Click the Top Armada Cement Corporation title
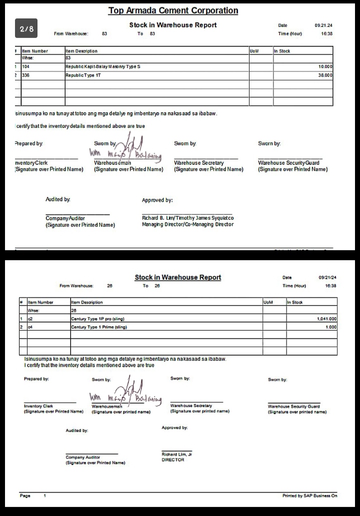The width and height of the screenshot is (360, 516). [x=173, y=10]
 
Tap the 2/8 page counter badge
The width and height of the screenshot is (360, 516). [x=26, y=29]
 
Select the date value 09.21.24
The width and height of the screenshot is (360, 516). [x=323, y=25]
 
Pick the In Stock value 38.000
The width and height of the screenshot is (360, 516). [x=325, y=75]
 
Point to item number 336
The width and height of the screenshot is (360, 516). [x=26, y=75]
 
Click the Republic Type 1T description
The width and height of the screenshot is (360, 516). [x=83, y=75]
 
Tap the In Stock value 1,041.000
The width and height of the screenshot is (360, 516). [x=326, y=318]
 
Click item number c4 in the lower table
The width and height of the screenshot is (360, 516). [x=30, y=327]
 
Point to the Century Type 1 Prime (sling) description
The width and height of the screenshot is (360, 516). [x=99, y=327]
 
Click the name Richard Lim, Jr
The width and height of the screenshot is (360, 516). [x=176, y=454]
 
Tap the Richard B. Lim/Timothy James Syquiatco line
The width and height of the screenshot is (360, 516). [x=187, y=218]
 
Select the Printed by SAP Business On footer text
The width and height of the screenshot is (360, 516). [x=309, y=496]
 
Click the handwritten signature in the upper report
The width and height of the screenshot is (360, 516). [x=125, y=148]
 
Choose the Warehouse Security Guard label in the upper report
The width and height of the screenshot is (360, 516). [x=288, y=163]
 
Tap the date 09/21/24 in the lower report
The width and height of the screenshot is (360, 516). [x=327, y=277]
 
